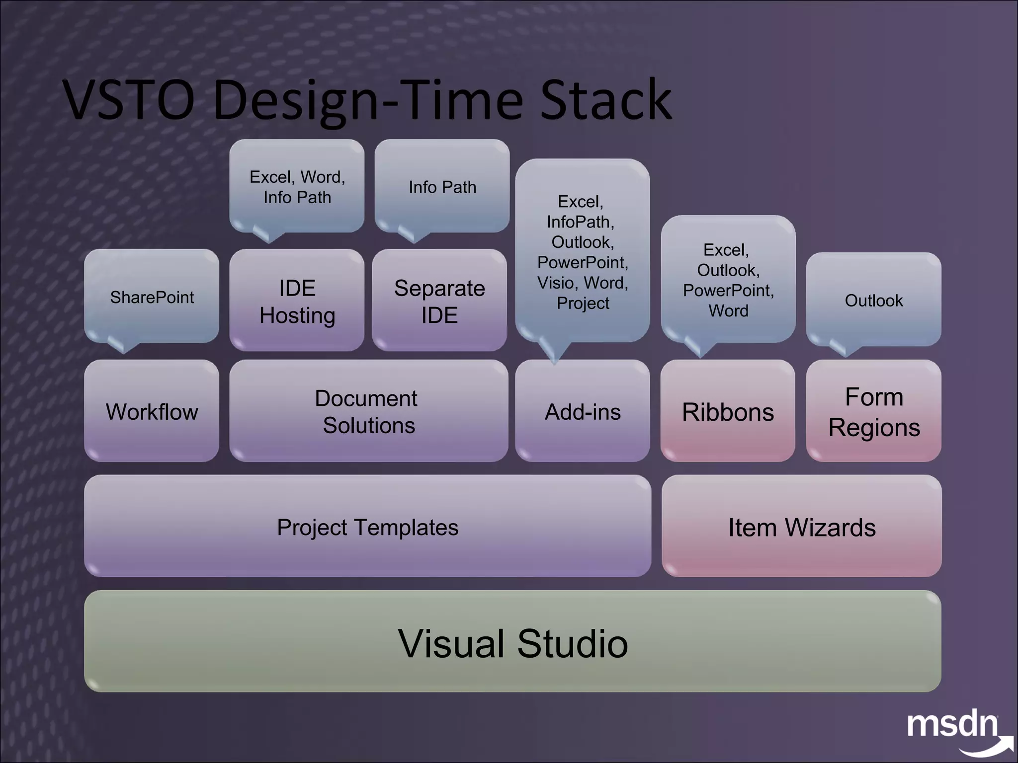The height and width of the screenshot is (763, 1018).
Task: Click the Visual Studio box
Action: click(512, 642)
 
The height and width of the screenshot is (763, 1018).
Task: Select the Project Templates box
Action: click(367, 527)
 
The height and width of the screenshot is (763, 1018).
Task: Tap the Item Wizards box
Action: click(801, 527)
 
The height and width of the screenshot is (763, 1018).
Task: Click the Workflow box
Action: click(152, 411)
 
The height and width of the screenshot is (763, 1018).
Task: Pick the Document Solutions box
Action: click(368, 411)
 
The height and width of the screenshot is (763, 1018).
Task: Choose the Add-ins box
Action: click(583, 411)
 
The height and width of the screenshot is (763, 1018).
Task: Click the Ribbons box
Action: click(728, 411)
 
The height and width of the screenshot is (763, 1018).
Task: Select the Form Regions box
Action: click(873, 411)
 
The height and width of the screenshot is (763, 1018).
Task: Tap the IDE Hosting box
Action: click(297, 301)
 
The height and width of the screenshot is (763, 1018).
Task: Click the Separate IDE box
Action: click(439, 301)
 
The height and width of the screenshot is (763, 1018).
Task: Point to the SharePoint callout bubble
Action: click(152, 297)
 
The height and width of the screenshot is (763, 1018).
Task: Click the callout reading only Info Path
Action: click(442, 187)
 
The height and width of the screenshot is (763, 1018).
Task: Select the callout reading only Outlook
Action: click(873, 300)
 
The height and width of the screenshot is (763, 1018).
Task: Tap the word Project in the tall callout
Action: click(583, 303)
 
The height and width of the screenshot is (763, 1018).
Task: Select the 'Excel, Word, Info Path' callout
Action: click(297, 187)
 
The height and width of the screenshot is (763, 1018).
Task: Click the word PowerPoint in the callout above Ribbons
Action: click(728, 290)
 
